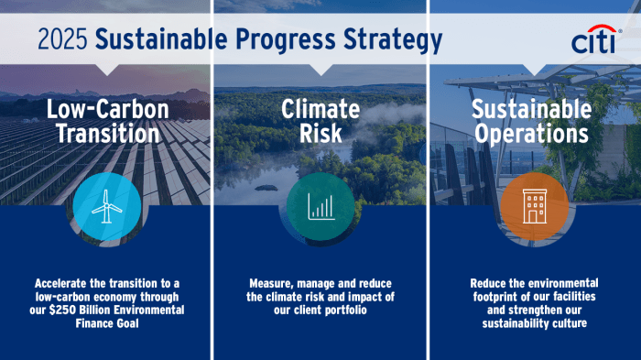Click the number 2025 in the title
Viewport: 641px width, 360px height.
[63, 40]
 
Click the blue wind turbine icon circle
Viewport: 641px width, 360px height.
[106, 208]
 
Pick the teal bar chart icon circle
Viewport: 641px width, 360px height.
[320, 208]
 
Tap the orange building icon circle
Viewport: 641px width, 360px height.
[534, 208]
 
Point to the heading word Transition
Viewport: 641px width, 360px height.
[107, 134]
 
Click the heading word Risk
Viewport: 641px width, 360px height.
[320, 134]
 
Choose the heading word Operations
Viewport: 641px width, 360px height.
[531, 134]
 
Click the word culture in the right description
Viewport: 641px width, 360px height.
[565, 324]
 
